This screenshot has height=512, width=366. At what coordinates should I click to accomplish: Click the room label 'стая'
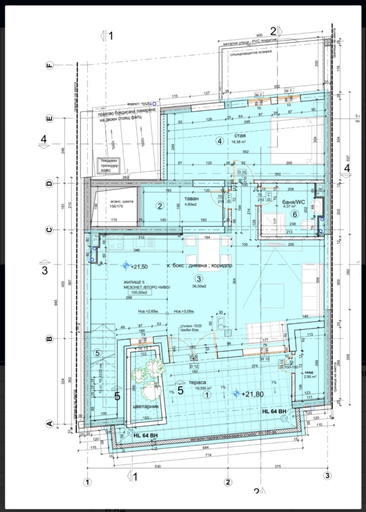[242, 135]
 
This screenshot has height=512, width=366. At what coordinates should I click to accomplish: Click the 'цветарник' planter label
[145, 406]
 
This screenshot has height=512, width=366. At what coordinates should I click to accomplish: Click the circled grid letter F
[50, 65]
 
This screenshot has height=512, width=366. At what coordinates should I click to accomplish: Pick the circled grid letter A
[50, 424]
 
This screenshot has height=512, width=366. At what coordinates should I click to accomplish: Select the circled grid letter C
[50, 230]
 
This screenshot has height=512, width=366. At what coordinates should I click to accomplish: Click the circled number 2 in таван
[160, 206]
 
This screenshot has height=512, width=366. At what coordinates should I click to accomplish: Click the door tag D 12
[194, 366]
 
